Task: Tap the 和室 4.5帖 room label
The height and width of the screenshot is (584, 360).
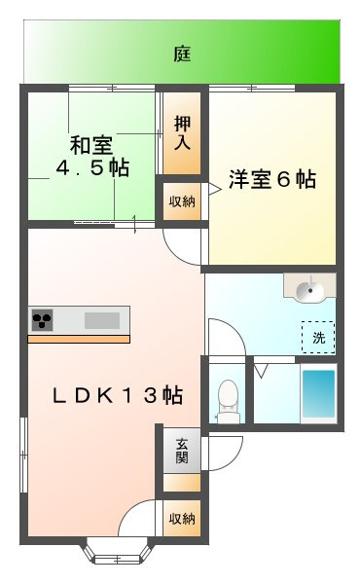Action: point(90,157)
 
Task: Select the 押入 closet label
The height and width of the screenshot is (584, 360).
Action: point(182,131)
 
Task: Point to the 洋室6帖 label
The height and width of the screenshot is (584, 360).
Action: point(271,180)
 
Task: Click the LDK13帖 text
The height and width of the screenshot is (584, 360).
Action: point(117,395)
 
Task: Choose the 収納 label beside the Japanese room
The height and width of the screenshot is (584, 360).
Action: point(182,201)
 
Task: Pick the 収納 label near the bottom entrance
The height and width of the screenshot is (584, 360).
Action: point(182,517)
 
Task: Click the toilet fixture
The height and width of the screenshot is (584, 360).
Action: point(227,400)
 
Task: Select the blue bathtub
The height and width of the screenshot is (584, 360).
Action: point(317,392)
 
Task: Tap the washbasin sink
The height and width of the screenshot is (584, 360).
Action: point(309,287)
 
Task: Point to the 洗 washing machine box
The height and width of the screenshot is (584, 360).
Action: point(317,337)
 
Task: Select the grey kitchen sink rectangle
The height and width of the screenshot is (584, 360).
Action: point(101,319)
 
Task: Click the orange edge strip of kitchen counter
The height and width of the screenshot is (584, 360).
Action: point(78,339)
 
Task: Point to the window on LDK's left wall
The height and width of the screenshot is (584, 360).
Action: point(22,454)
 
